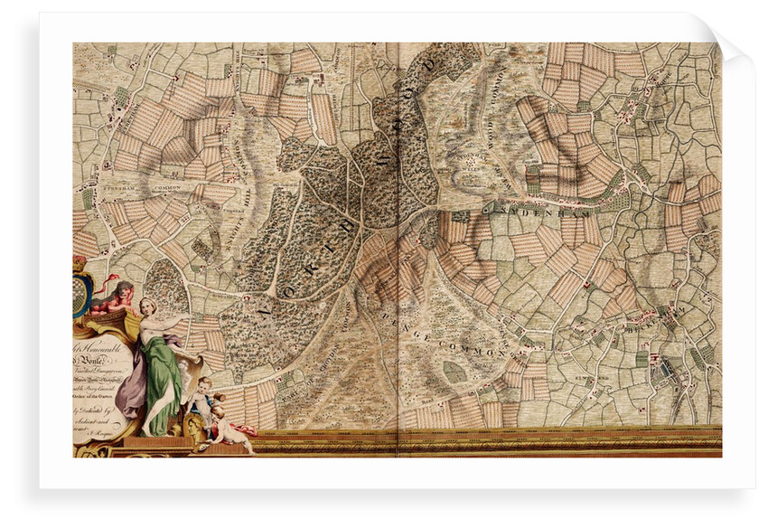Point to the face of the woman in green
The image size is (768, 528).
click(147, 307)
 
